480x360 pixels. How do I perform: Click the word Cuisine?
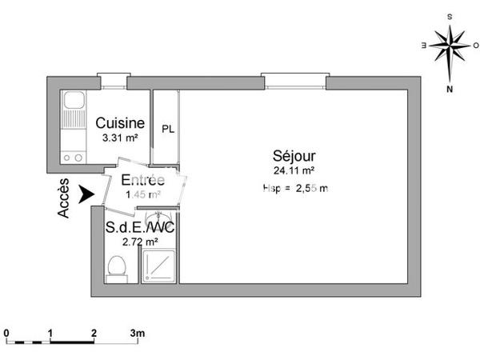tap(120, 123)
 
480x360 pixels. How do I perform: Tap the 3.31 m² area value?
tap(120, 138)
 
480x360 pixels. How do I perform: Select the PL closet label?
tap(168, 130)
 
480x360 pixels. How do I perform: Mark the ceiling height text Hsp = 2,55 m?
tap(295, 187)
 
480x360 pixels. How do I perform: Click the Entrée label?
tap(143, 180)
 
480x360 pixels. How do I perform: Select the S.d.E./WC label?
tap(141, 228)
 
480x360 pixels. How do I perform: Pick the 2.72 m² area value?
tap(139, 242)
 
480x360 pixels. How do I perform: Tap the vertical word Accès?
tap(65, 199)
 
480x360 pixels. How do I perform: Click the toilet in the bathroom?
tap(117, 268)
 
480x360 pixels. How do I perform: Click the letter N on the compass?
tap(450, 89)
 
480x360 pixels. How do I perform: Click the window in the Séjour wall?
tap(294, 78)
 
